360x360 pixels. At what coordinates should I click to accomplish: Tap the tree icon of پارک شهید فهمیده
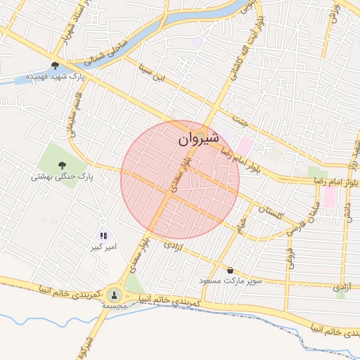pos(54,65)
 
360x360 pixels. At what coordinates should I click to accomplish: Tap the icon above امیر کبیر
pos(103,236)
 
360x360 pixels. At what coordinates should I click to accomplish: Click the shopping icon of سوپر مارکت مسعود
pos(230,270)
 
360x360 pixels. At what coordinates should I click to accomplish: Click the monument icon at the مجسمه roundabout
pos(114,294)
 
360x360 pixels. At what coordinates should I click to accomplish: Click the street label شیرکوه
pos(89,346)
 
